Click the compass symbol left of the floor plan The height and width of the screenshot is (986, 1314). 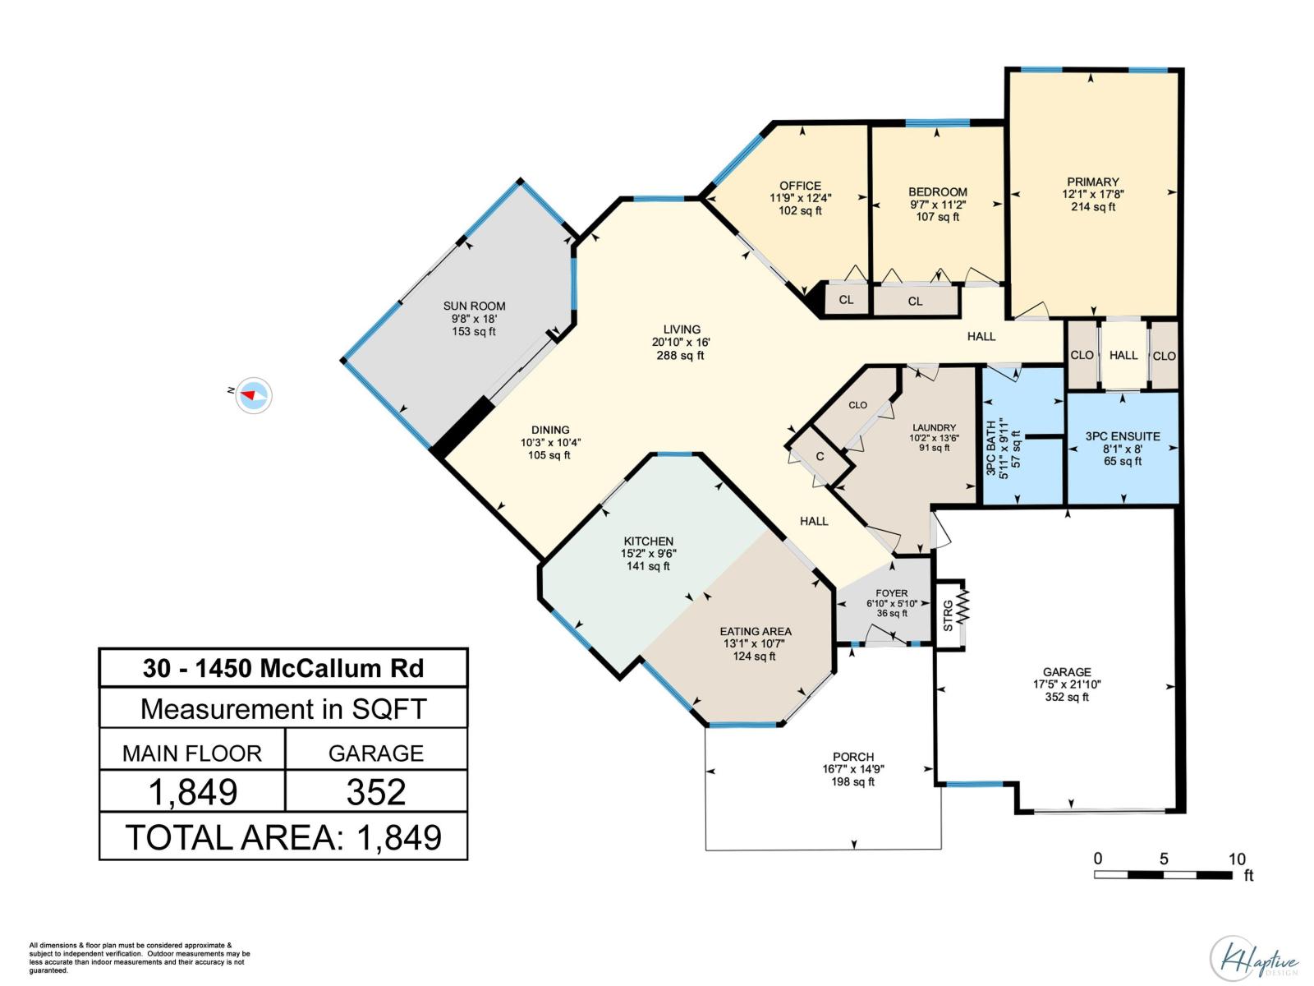253,395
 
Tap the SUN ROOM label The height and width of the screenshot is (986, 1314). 475,306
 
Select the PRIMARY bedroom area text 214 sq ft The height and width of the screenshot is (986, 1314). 1092,207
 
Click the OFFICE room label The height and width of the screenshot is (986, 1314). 800,186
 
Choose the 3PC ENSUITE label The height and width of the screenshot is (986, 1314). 1122,436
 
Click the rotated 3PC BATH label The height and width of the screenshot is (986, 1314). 991,449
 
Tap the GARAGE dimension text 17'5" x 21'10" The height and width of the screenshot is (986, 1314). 1067,684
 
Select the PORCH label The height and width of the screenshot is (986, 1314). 853,757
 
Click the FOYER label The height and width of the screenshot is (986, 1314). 891,592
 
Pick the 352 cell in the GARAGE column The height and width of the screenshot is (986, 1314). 376,792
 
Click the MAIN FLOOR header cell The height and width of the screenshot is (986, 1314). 192,753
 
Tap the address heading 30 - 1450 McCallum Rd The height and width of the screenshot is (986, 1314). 283,668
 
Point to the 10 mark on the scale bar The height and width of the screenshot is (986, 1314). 1236,859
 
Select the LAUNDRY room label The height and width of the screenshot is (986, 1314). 934,427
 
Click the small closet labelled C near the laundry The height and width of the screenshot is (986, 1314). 820,457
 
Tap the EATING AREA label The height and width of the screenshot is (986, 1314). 756,631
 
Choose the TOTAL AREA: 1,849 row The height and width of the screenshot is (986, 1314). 283,837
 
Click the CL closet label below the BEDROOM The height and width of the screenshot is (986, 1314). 915,302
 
